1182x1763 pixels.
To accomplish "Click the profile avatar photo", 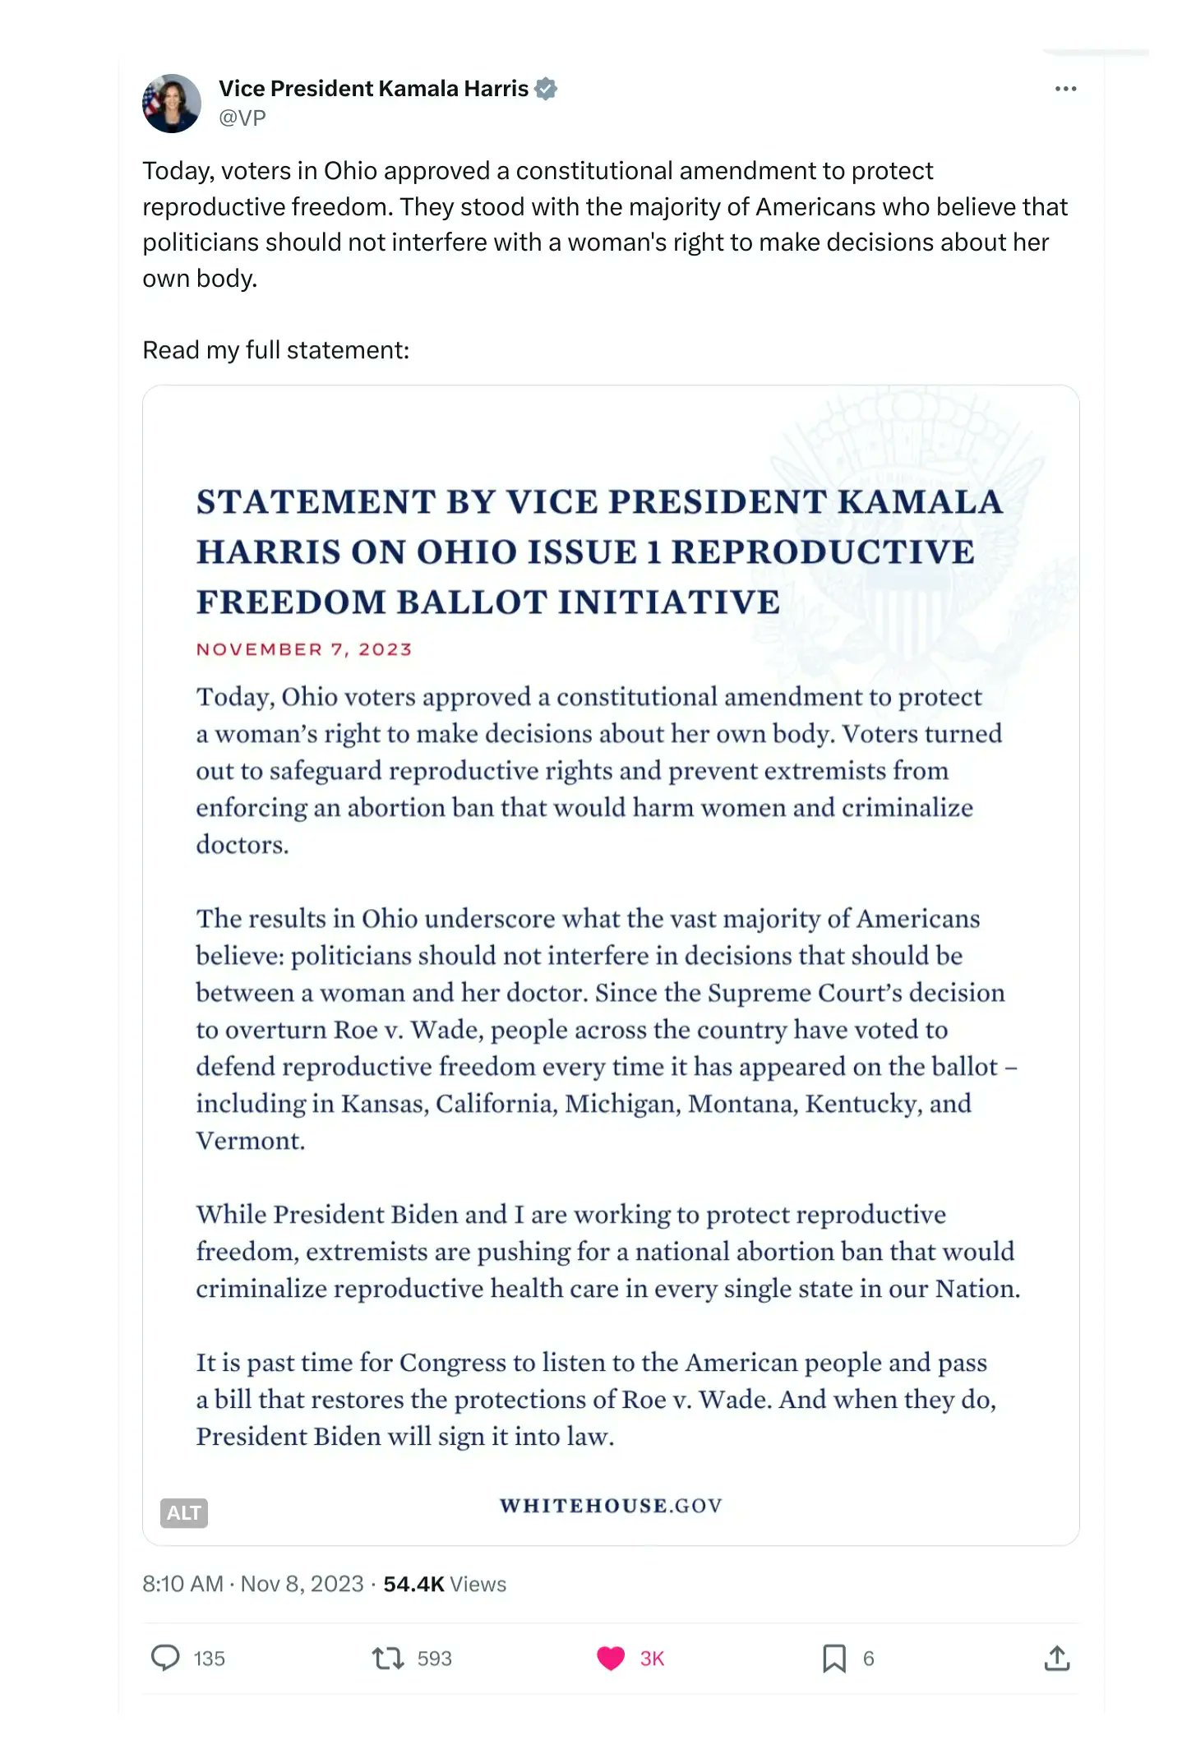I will (172, 104).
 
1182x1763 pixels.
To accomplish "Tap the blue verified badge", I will (546, 89).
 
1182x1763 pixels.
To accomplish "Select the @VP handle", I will (242, 118).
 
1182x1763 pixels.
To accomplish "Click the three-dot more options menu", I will (1065, 89).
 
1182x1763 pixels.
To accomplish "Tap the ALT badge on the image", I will (183, 1512).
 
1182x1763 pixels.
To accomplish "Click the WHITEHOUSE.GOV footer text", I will (611, 1506).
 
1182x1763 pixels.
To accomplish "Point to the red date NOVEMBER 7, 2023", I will (303, 649).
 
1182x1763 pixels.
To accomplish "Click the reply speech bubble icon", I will (165, 1658).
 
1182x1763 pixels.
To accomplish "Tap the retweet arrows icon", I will (388, 1658).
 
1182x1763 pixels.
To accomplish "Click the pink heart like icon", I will (611, 1658).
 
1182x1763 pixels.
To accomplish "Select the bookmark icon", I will (833, 1658).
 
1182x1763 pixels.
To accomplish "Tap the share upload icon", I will (1057, 1658).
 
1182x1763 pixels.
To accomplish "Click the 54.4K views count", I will (413, 1584).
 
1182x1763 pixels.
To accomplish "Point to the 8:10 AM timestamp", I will (182, 1584).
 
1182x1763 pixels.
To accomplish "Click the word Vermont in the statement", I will (249, 1141).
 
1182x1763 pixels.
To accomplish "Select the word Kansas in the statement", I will (384, 1104).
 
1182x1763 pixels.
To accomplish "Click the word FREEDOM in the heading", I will (291, 602).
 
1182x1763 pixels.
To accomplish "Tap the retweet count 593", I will (435, 1659).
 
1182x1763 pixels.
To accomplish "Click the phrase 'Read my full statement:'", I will (275, 350).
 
